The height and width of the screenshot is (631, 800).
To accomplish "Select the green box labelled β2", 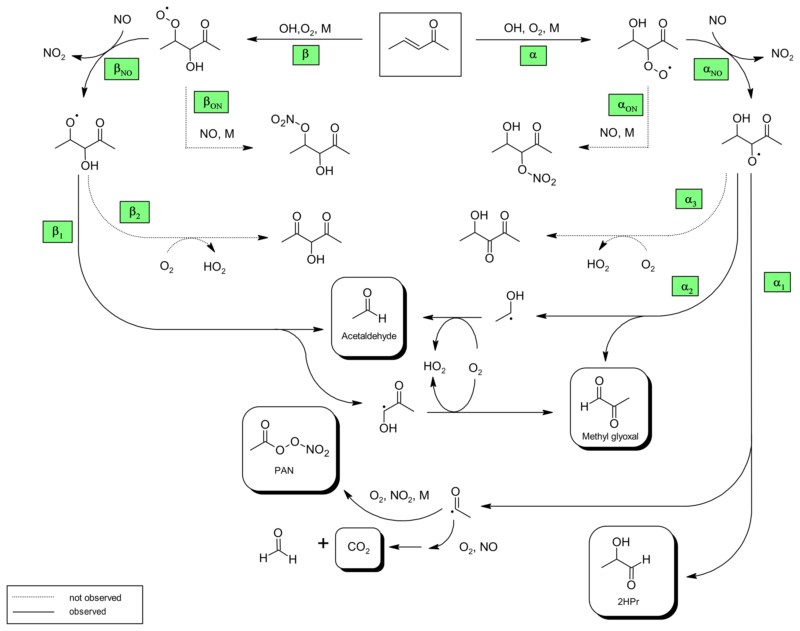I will (135, 212).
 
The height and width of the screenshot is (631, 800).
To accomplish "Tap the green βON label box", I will (211, 102).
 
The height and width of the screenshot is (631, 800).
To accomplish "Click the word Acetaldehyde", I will (369, 336).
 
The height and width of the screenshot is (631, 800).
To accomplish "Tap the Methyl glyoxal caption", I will (610, 436).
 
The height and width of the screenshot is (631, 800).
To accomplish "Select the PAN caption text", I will (284, 470).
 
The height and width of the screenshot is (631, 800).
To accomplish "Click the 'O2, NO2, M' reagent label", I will (399, 495).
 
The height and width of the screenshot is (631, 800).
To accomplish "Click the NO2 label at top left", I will (54, 54).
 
